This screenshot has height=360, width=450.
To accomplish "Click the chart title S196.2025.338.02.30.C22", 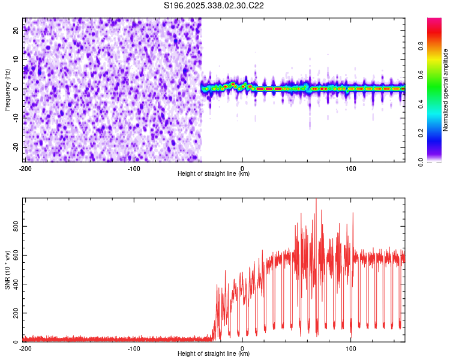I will click(x=214, y=6).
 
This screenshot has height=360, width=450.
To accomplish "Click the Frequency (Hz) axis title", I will click(x=7, y=90).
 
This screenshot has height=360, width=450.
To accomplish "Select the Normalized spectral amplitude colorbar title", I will click(x=446, y=90).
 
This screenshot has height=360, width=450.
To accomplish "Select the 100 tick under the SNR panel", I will click(x=350, y=349).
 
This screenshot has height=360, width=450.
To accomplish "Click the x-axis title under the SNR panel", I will click(x=214, y=355).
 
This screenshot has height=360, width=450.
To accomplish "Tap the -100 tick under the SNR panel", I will click(x=134, y=349).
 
